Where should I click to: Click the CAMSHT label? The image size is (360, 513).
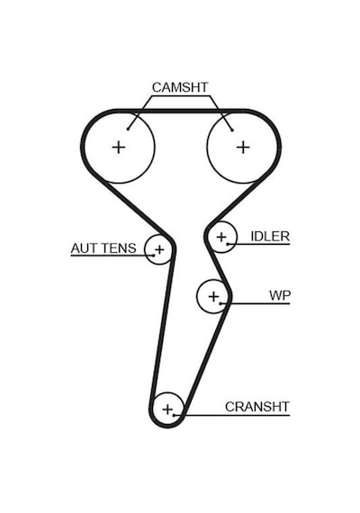[x=180, y=87]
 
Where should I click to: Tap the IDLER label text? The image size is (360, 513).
[x=270, y=236]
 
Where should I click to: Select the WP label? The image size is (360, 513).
[x=280, y=295]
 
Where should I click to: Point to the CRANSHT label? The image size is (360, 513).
[x=257, y=407]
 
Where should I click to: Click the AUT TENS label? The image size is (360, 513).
[x=103, y=248]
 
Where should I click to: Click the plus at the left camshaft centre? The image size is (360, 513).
[x=119, y=148]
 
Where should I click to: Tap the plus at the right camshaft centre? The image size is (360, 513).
[x=243, y=148]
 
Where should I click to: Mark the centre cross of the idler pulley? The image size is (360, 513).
[x=221, y=237]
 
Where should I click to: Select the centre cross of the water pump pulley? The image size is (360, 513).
[x=213, y=297]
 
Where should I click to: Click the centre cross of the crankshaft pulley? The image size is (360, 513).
[x=167, y=409]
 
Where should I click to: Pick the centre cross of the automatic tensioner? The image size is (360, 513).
[x=159, y=250]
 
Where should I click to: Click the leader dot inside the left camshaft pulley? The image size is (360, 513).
[x=128, y=130]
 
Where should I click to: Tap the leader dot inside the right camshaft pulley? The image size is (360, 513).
[x=232, y=130]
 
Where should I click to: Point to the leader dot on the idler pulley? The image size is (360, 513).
[x=228, y=244]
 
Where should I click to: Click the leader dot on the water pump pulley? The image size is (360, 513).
[x=220, y=303]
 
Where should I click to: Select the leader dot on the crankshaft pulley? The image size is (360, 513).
[x=175, y=415]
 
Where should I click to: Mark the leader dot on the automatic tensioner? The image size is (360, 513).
[x=153, y=256]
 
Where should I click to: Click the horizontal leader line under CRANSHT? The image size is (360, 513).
[x=232, y=415]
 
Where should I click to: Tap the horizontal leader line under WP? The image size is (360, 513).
[x=256, y=303]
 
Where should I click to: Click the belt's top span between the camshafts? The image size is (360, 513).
[x=181, y=112]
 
